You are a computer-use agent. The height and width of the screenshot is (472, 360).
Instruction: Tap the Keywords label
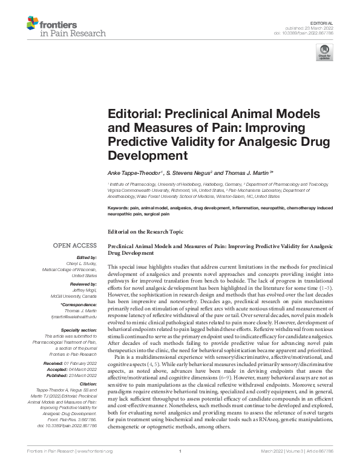click(x=120, y=208)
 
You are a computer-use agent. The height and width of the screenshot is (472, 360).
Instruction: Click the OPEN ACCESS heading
click(x=75, y=246)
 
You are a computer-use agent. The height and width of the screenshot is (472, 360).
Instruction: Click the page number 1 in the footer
click(x=180, y=465)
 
